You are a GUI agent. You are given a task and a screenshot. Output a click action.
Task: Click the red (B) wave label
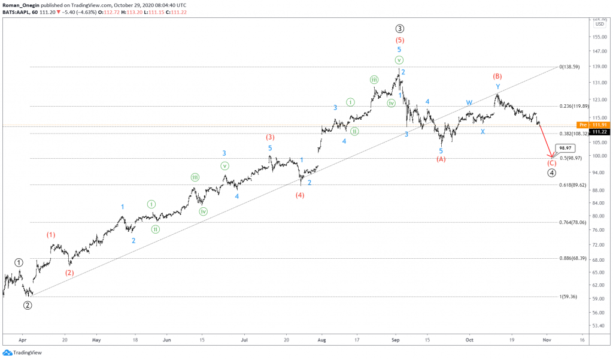pos(497,77)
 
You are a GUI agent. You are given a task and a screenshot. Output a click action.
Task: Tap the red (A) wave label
pos(441,159)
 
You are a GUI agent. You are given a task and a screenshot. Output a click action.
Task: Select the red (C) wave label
pos(553,163)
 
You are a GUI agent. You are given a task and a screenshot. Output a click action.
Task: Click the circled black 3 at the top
pos(399,28)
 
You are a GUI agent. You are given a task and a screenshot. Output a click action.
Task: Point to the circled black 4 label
pos(553,173)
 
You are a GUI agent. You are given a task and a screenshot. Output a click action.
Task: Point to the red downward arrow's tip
pos(551,158)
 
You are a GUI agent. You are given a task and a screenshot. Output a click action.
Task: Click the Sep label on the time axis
pos(395,339)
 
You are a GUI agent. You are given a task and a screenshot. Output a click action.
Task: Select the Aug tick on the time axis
pos(321,339)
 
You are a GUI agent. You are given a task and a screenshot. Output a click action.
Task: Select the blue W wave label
pos(469,102)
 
